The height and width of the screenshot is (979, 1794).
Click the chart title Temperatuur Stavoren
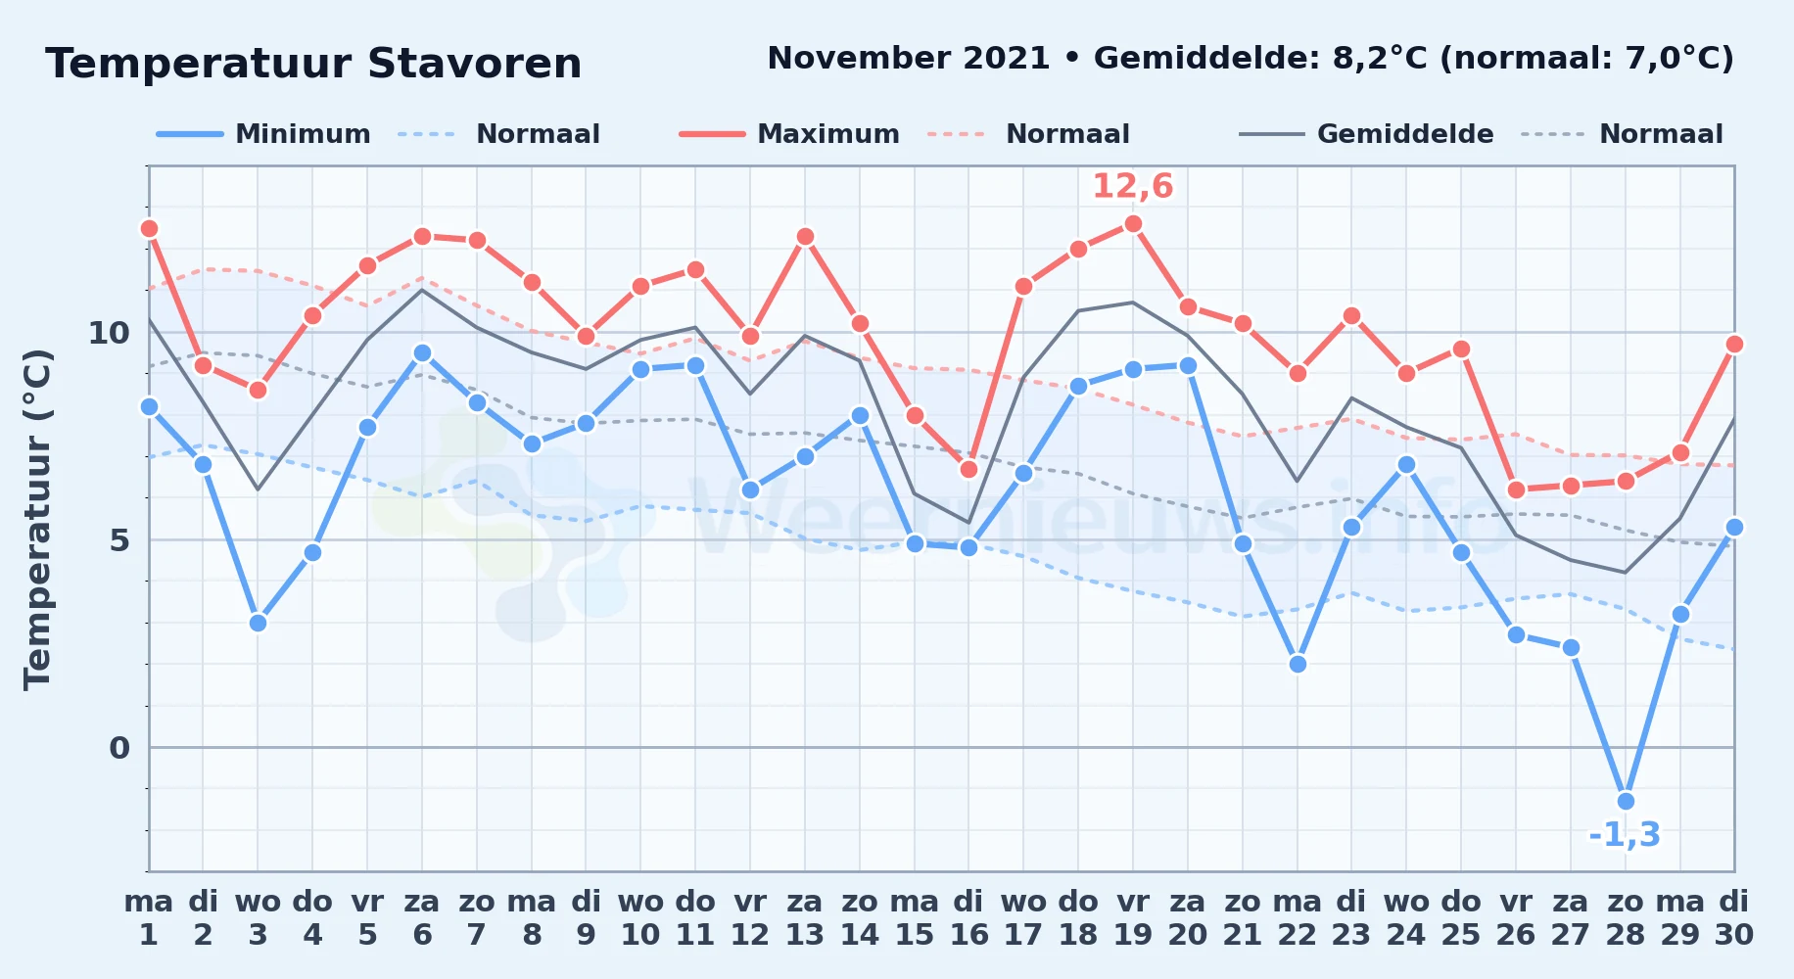coord(313,64)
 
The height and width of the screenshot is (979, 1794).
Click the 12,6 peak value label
coord(1133,185)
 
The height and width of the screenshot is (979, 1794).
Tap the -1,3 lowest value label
coord(1625,834)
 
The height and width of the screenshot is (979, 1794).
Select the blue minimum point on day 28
coord(1626,801)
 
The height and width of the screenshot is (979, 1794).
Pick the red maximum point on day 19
coord(1133,224)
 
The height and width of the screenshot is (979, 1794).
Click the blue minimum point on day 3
coord(258,623)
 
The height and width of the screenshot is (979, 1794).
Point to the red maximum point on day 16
coord(968,469)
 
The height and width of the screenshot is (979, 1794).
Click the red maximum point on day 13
coord(805,236)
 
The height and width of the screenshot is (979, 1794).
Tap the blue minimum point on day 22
coord(1298,664)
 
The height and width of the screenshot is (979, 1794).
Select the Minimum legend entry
coord(263,134)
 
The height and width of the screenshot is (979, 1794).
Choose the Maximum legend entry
coord(789,134)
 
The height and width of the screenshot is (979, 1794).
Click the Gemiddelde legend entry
coord(1366,134)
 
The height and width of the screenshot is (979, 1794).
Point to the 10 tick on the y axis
coord(109,333)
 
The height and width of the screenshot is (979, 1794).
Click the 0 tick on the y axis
coord(119,748)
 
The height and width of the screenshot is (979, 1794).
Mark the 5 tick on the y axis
coord(119,540)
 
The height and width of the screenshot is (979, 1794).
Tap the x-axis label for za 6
coord(422,918)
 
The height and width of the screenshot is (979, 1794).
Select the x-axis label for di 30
coord(1734,918)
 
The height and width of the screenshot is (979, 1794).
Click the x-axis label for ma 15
coord(915,918)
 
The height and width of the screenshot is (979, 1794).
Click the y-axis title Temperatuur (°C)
coord(37,519)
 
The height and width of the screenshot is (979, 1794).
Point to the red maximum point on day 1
coord(149,228)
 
